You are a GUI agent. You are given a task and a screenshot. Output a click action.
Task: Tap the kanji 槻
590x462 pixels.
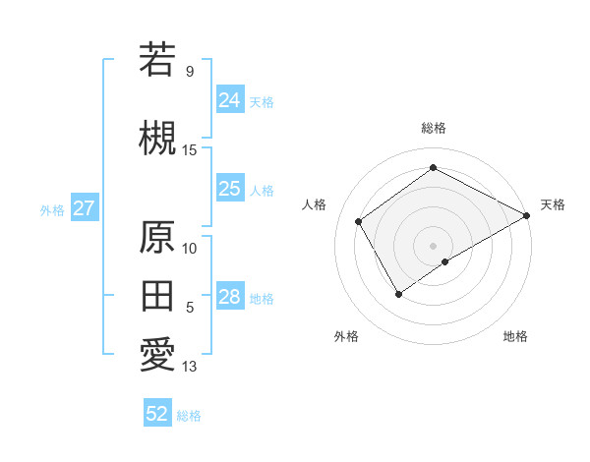(x=157, y=137)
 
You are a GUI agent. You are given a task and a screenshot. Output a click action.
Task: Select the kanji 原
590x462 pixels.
(x=157, y=237)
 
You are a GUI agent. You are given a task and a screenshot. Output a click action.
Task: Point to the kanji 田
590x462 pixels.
(x=157, y=295)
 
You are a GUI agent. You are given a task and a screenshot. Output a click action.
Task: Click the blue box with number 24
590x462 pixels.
(x=229, y=99)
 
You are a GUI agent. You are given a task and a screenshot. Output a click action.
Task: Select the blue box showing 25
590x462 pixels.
(x=229, y=189)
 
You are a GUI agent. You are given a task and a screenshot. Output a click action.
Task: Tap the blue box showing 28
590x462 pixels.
(x=229, y=297)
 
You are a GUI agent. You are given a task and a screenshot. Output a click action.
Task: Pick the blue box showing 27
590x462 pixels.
(x=84, y=208)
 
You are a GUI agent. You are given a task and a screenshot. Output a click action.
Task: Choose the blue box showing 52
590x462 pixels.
(x=157, y=414)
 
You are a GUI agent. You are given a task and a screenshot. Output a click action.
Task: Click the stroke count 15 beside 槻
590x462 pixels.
(x=190, y=149)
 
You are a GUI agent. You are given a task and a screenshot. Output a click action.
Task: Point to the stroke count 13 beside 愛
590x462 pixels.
(x=190, y=367)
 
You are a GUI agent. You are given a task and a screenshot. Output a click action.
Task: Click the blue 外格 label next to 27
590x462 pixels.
(x=51, y=209)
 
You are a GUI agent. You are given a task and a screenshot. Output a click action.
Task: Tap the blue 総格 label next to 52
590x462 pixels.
(x=189, y=416)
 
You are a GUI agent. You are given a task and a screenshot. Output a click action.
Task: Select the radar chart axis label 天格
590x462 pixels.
(x=553, y=204)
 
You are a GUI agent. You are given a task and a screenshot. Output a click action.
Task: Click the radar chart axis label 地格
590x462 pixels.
(x=515, y=336)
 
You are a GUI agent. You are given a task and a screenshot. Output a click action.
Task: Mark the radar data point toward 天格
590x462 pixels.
(x=527, y=215)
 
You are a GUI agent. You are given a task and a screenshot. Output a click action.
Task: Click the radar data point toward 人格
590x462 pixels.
(x=359, y=221)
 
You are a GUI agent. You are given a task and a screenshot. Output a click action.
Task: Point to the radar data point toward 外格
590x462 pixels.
(x=398, y=293)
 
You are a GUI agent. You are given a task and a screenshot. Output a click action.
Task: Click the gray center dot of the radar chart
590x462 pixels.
(x=433, y=245)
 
